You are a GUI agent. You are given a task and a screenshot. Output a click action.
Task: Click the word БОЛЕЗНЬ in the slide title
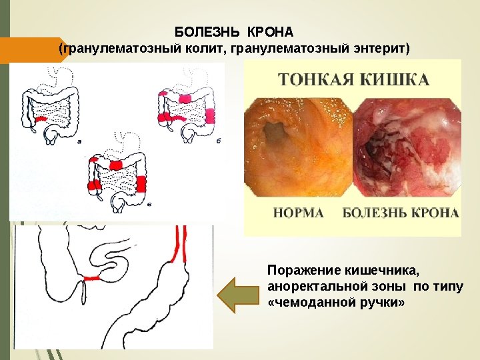tap(208, 32)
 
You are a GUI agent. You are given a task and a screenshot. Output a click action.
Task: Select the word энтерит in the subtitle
tap(379, 49)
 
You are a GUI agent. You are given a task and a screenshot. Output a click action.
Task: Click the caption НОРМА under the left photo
tap(299, 213)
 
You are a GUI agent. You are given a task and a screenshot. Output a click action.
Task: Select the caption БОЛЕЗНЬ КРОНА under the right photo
tap(401, 213)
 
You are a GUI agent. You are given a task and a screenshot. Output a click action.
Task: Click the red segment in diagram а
tap(41, 119)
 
